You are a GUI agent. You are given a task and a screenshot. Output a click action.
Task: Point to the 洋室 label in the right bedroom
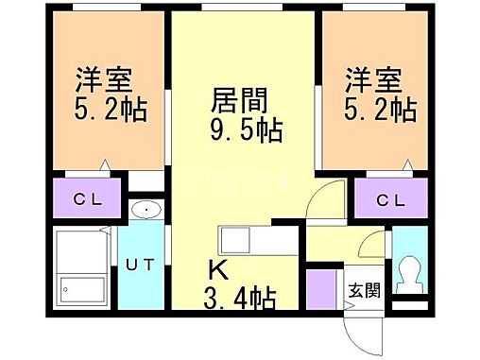(368, 78)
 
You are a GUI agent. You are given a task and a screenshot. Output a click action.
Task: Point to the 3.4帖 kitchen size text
(241, 300)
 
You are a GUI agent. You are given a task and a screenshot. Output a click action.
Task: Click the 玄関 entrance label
(360, 289)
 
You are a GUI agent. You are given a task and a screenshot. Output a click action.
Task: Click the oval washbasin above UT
(145, 210)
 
